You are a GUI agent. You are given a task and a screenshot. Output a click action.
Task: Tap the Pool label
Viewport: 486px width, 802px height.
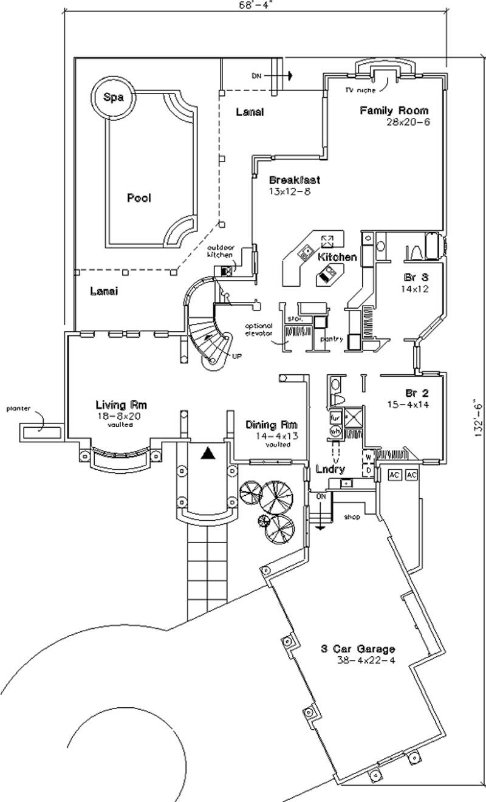[139, 198]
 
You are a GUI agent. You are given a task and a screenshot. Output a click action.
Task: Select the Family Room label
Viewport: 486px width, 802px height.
[394, 111]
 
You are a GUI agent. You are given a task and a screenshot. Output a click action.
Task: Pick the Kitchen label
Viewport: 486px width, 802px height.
[337, 257]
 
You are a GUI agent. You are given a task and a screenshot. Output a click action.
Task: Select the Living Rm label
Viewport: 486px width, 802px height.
[121, 405]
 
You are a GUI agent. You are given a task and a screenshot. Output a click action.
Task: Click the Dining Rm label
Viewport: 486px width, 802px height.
[272, 425]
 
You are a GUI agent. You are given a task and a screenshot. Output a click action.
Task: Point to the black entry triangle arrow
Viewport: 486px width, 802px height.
[208, 453]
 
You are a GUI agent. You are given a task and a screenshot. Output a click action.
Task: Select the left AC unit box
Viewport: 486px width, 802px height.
[394, 474]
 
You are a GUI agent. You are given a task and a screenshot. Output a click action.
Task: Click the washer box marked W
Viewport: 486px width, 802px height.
[368, 457]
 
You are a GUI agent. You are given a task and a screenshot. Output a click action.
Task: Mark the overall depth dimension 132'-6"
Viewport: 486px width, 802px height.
[478, 418]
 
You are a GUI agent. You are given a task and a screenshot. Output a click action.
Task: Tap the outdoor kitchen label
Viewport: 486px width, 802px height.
[221, 252]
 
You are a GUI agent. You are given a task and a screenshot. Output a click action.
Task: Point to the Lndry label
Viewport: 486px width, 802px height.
[330, 469]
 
